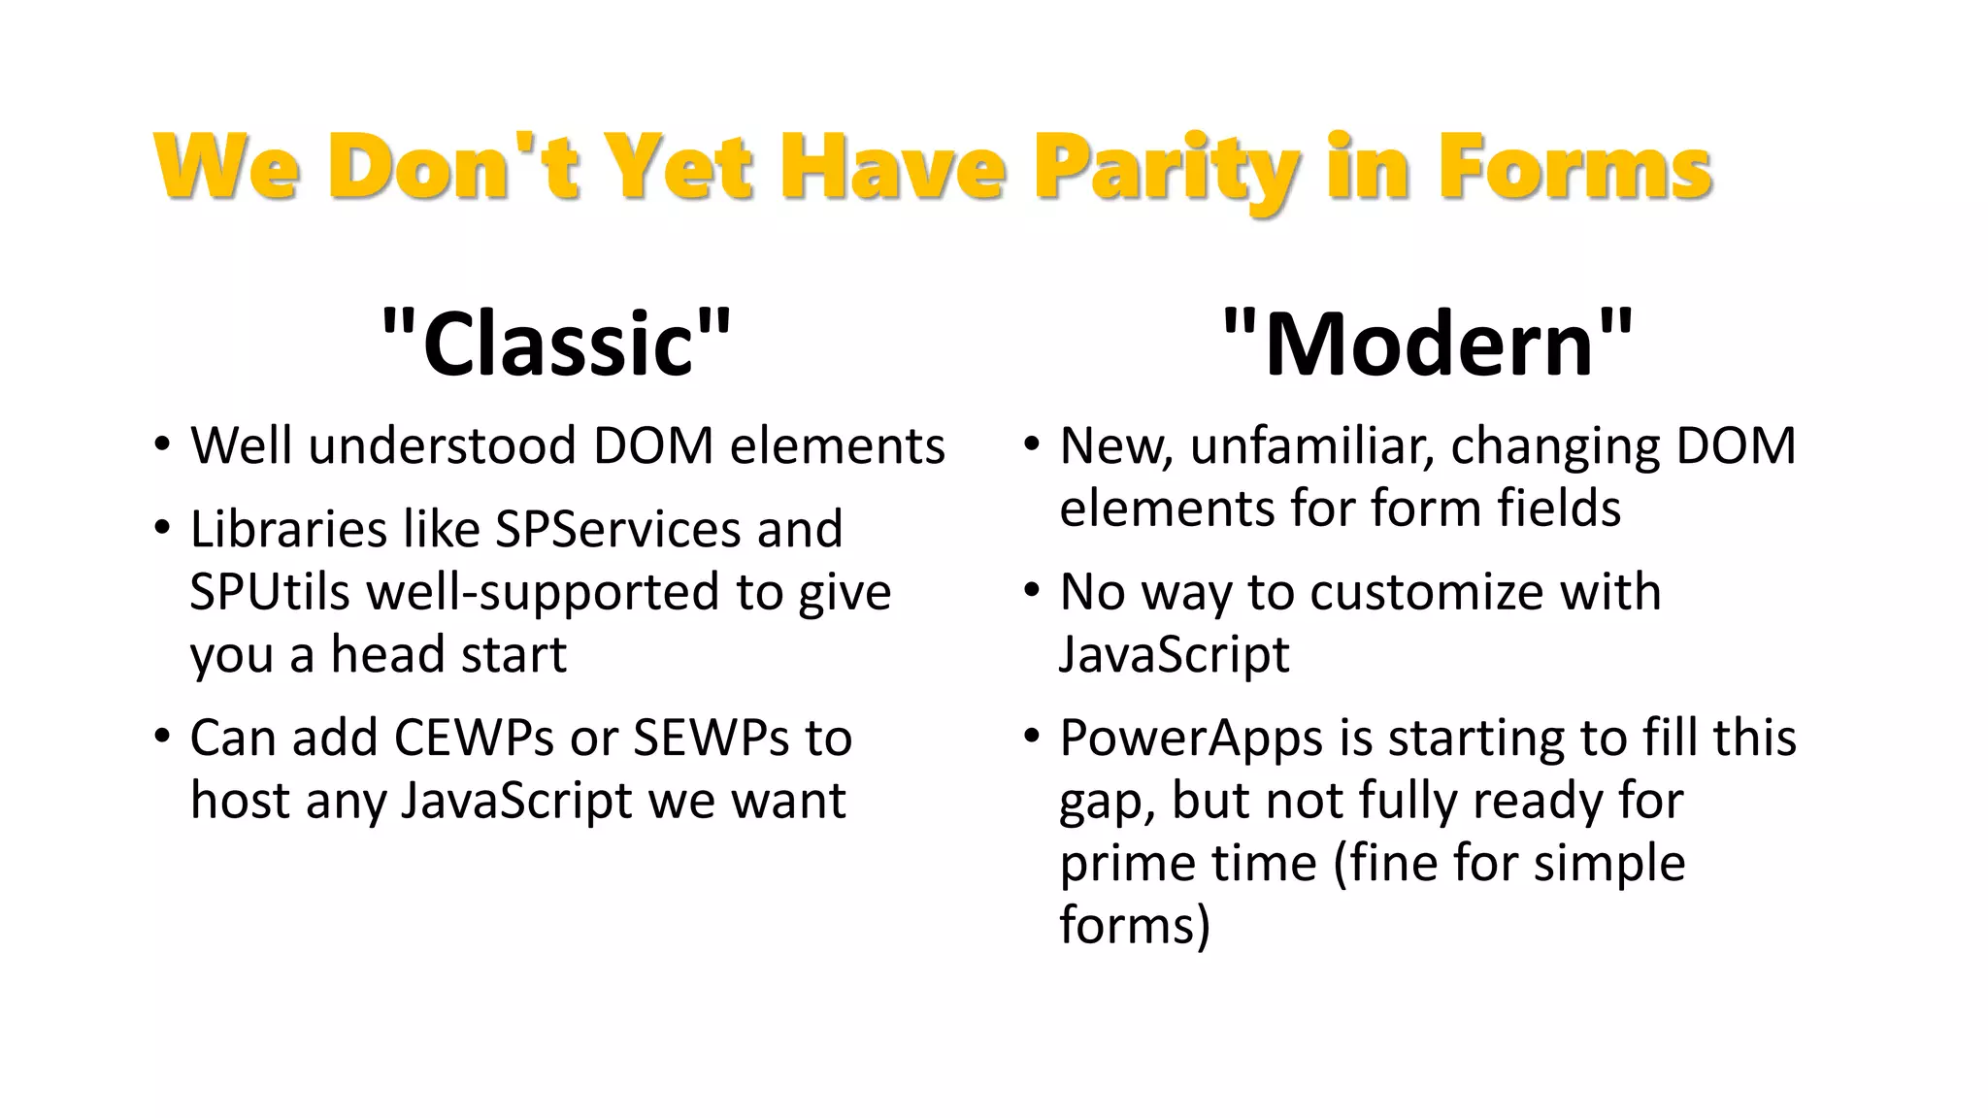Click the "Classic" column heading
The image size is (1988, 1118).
point(557,344)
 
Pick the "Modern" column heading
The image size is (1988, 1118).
point(1428,344)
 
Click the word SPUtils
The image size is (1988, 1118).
point(269,592)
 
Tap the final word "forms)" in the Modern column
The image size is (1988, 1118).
point(1135,925)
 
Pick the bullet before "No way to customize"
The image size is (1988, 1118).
point(1031,592)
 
